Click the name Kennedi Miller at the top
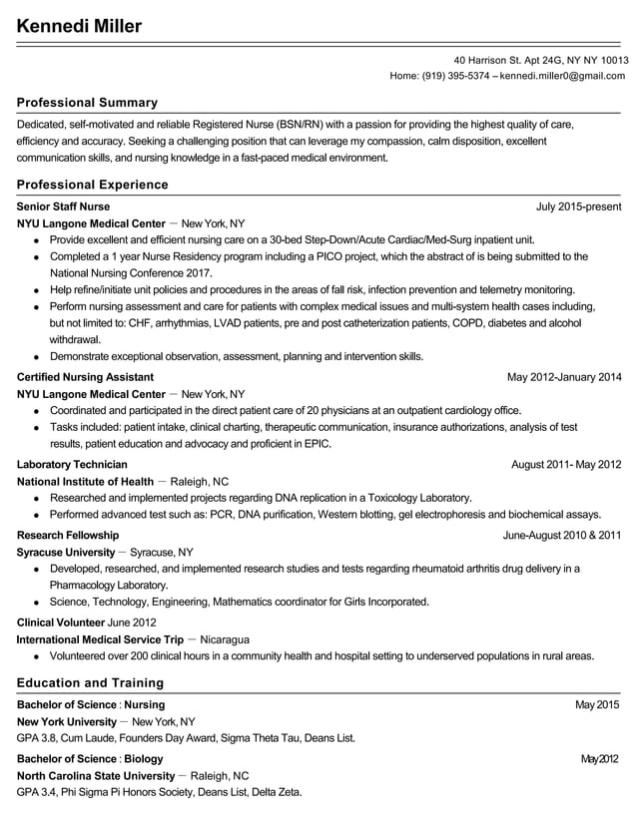79,26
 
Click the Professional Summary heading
87,103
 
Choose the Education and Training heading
90,683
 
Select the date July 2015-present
578,206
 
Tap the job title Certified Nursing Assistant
85,377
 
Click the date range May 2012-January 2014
564,377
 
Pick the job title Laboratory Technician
72,464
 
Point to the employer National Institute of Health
86,481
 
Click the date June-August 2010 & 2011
561,535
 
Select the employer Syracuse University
66,552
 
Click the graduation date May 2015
598,705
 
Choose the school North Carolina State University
96,775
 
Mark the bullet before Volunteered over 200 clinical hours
37,657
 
